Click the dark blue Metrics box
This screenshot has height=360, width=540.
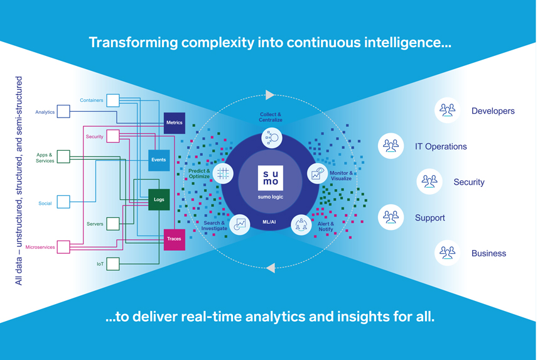175,123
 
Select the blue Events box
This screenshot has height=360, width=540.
159,160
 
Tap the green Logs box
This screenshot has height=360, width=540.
159,200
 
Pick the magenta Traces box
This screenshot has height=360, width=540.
174,239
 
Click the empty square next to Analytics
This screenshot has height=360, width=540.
63,112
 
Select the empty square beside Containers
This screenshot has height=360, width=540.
113,100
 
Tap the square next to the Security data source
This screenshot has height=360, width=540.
113,136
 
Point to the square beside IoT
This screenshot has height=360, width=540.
113,264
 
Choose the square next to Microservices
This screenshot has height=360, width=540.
63,247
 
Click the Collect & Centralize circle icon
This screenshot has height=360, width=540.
271,138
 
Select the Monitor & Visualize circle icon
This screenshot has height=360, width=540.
317,173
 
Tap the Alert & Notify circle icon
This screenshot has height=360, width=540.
301,224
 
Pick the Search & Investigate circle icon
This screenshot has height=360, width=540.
240,224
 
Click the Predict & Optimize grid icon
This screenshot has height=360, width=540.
223,173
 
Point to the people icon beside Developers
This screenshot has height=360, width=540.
447,111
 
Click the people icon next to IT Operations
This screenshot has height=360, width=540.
391,146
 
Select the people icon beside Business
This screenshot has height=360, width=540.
447,253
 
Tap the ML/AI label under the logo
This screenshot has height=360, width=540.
269,222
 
